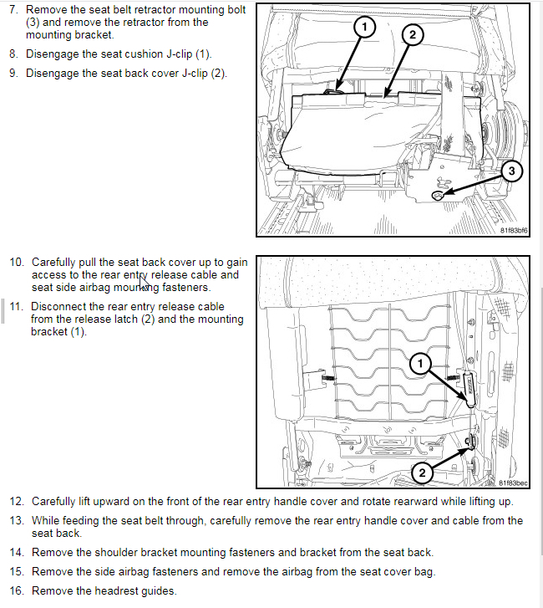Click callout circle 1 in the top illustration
[363, 28]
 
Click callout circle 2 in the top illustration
[412, 34]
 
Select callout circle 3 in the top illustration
[512, 171]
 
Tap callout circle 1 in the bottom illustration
[421, 363]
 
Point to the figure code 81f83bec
[513, 483]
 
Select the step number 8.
[13, 54]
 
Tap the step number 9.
[13, 73]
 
